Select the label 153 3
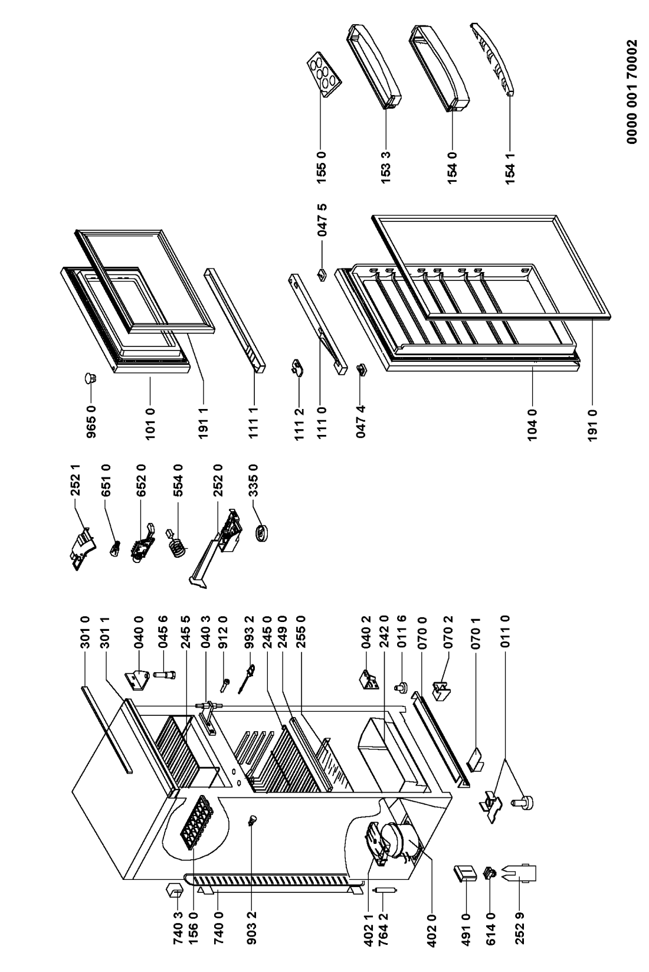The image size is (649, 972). tap(386, 166)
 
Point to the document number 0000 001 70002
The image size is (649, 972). tap(632, 91)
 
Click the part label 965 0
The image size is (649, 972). tap(91, 421)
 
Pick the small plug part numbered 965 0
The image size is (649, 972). tap(90, 378)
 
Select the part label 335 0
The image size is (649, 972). tap(254, 480)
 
